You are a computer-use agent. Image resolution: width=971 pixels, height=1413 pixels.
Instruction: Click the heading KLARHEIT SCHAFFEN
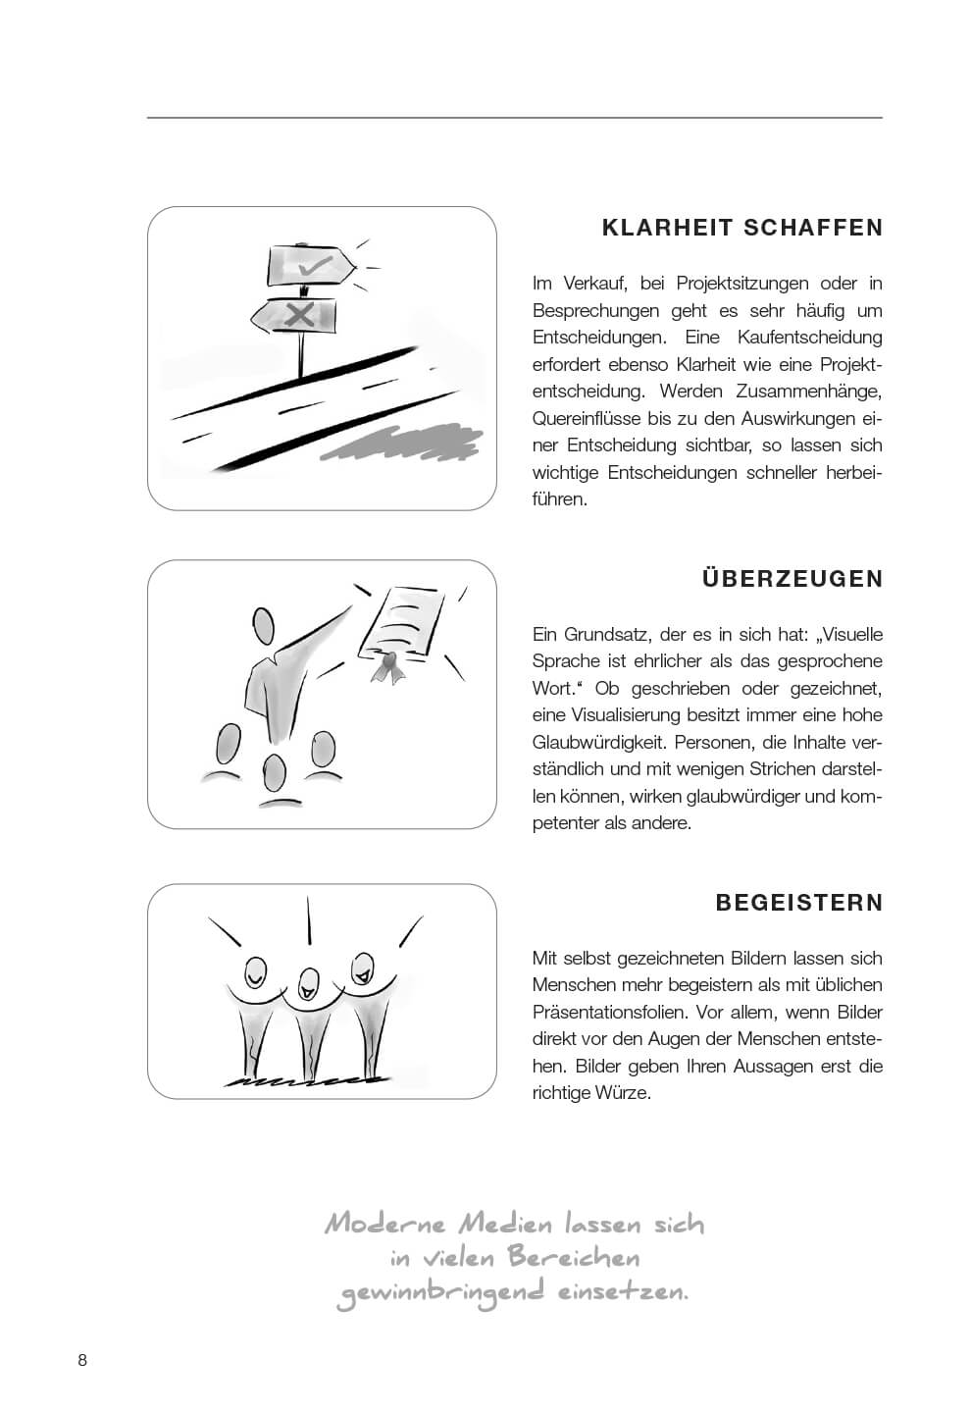742,228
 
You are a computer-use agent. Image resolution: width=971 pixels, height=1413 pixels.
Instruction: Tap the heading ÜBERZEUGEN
792,579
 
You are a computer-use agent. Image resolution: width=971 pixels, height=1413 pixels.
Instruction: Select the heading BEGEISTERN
799,903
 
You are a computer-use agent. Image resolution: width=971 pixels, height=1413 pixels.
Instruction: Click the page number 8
82,1360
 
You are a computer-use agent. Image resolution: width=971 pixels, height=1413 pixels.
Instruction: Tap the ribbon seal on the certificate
387,666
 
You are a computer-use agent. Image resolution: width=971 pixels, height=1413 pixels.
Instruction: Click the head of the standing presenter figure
263,625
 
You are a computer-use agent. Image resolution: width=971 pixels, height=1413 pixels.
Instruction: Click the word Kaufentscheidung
809,338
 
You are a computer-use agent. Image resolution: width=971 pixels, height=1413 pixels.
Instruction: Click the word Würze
622,1092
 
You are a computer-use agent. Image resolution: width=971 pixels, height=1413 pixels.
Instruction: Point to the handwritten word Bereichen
573,1258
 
